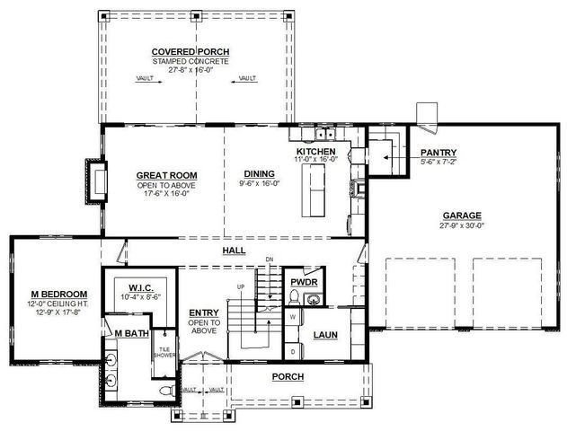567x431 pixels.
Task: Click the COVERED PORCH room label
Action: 190,51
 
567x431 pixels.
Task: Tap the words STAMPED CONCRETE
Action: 190,61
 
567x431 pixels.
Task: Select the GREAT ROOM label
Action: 166,175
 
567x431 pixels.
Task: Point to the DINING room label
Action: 259,174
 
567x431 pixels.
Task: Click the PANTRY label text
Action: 439,153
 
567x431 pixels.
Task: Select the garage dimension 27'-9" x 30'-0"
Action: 461,225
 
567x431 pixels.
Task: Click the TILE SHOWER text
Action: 164,352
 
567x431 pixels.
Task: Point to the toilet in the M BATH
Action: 164,392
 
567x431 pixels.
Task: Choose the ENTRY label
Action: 204,313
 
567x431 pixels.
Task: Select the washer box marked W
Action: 293,317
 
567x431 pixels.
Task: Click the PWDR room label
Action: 298,280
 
